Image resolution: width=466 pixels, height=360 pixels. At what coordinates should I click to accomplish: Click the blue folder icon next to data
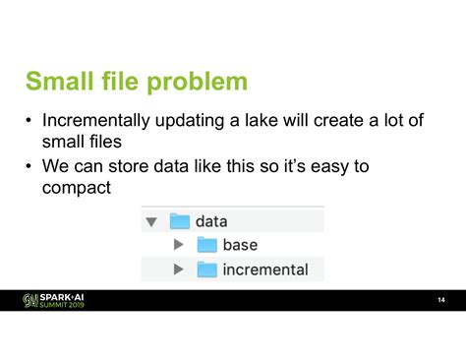(180, 221)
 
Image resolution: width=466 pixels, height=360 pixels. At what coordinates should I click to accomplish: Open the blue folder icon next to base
(206, 245)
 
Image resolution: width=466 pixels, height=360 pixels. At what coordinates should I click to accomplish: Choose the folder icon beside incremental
(206, 269)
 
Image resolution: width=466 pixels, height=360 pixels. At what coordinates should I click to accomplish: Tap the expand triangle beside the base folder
(178, 245)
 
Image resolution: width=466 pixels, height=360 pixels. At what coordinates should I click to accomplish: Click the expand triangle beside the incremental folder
(178, 269)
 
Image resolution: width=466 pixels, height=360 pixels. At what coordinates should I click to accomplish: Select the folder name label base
(241, 245)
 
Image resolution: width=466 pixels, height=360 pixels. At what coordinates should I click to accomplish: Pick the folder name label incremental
(265, 269)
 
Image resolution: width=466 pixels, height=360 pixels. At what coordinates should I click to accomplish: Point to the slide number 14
(441, 300)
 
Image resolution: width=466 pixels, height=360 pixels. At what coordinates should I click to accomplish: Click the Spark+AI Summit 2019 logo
(54, 300)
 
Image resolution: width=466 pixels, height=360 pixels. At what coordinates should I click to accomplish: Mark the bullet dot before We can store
(30, 168)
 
